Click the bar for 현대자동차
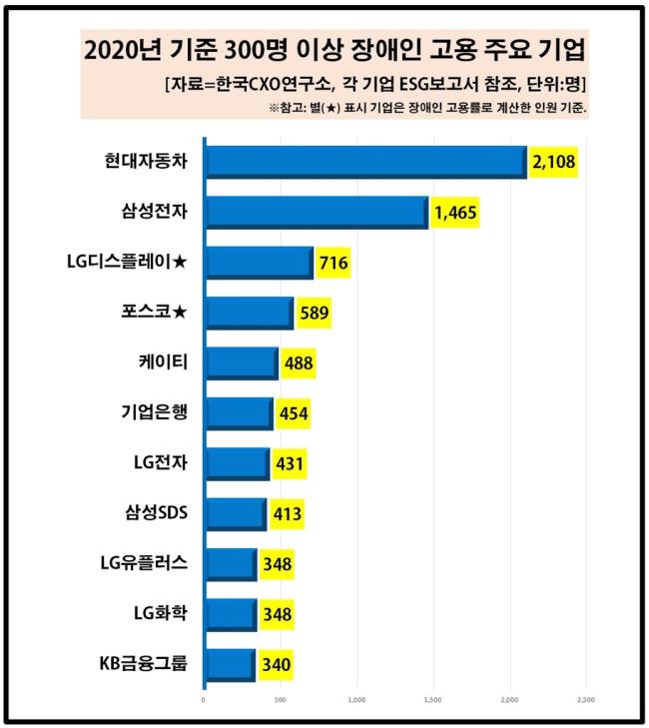(365, 162)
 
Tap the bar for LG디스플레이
(259, 263)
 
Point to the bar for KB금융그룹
(230, 664)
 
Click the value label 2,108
(555, 162)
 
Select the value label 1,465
(454, 212)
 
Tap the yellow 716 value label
(332, 263)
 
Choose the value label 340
(275, 664)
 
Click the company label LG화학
(161, 613)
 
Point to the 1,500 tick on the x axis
(433, 700)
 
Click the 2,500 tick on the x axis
(586, 700)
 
